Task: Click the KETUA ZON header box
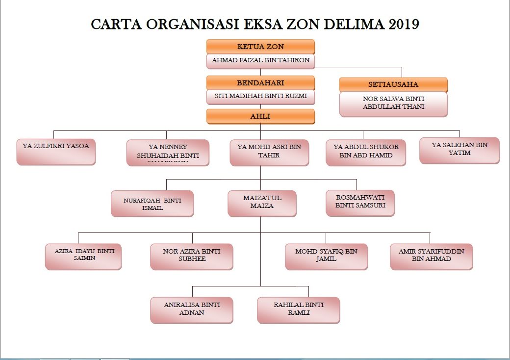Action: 260,47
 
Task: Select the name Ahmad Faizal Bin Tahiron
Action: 260,60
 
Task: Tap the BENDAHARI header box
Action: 260,83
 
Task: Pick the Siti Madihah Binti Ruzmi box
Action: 260,97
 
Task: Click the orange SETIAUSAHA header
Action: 393,84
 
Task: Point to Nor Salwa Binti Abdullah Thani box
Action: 393,103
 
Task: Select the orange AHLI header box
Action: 260,116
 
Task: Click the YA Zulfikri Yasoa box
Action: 56,152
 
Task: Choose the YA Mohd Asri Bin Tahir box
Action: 269,152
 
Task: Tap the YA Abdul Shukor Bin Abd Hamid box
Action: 366,152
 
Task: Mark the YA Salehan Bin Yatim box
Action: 459,150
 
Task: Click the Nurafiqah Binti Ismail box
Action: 153,204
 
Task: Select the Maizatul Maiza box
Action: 262,203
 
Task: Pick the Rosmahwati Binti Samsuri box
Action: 360,203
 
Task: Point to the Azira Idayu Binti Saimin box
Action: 83,256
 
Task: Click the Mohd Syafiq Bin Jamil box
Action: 326,256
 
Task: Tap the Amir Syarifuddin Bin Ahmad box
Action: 432,256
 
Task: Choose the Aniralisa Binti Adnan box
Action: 192,310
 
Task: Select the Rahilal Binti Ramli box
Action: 299,310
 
